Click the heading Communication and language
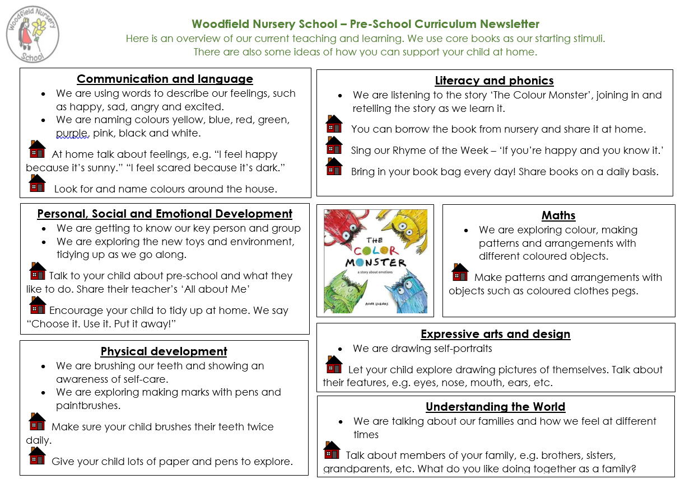165,79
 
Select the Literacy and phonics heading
494,81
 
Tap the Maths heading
558,215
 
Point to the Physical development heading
164,351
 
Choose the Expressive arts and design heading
495,334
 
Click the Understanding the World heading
495,407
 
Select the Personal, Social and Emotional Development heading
165,214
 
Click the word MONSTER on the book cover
375,262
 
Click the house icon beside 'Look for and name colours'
38,183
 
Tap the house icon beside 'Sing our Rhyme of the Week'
334,145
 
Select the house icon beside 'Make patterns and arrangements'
460,272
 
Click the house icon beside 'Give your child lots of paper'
38,455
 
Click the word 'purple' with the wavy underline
72,133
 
